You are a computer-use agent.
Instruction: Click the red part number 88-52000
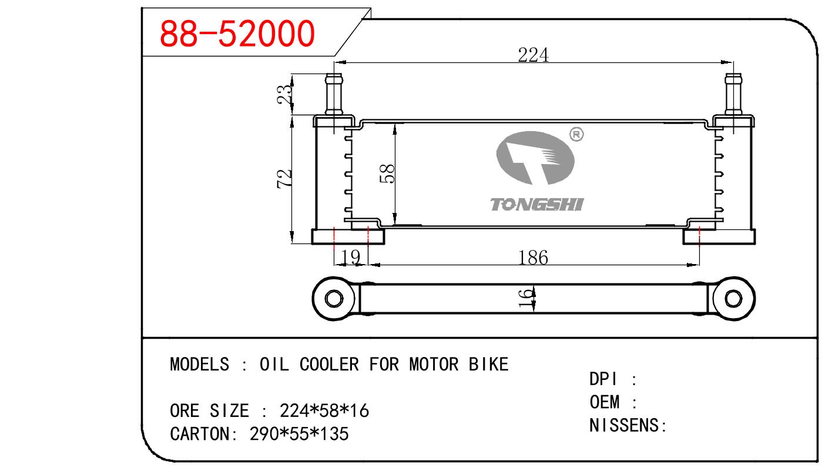[x=237, y=34]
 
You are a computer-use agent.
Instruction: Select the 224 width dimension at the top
[x=533, y=55]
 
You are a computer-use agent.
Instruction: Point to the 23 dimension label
[x=284, y=95]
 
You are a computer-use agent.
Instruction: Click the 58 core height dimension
[x=387, y=173]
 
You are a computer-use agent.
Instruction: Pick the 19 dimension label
[x=350, y=257]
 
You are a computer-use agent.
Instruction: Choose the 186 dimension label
[x=533, y=257]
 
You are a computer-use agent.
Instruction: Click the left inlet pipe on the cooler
[x=335, y=94]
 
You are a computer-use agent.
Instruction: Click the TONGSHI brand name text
[x=536, y=205]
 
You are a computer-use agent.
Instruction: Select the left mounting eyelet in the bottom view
[x=333, y=298]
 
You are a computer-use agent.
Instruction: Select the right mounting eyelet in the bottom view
[x=732, y=298]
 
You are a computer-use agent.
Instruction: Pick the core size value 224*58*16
[x=324, y=410]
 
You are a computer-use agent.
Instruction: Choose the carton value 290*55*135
[x=299, y=434]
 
